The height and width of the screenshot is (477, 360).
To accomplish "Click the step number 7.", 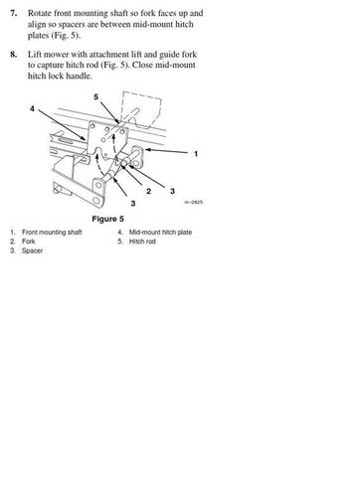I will coord(14,14).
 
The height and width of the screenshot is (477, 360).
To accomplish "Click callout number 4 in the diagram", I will coord(31,106).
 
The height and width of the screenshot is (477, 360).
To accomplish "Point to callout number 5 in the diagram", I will coord(96,96).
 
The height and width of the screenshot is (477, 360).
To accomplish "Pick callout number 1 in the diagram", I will coord(196,154).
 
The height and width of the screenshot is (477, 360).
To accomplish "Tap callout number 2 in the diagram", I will coord(148,189).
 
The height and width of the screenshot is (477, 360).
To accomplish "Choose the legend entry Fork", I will coord(30,241).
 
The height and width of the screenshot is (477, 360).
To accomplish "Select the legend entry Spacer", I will coord(33,250).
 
